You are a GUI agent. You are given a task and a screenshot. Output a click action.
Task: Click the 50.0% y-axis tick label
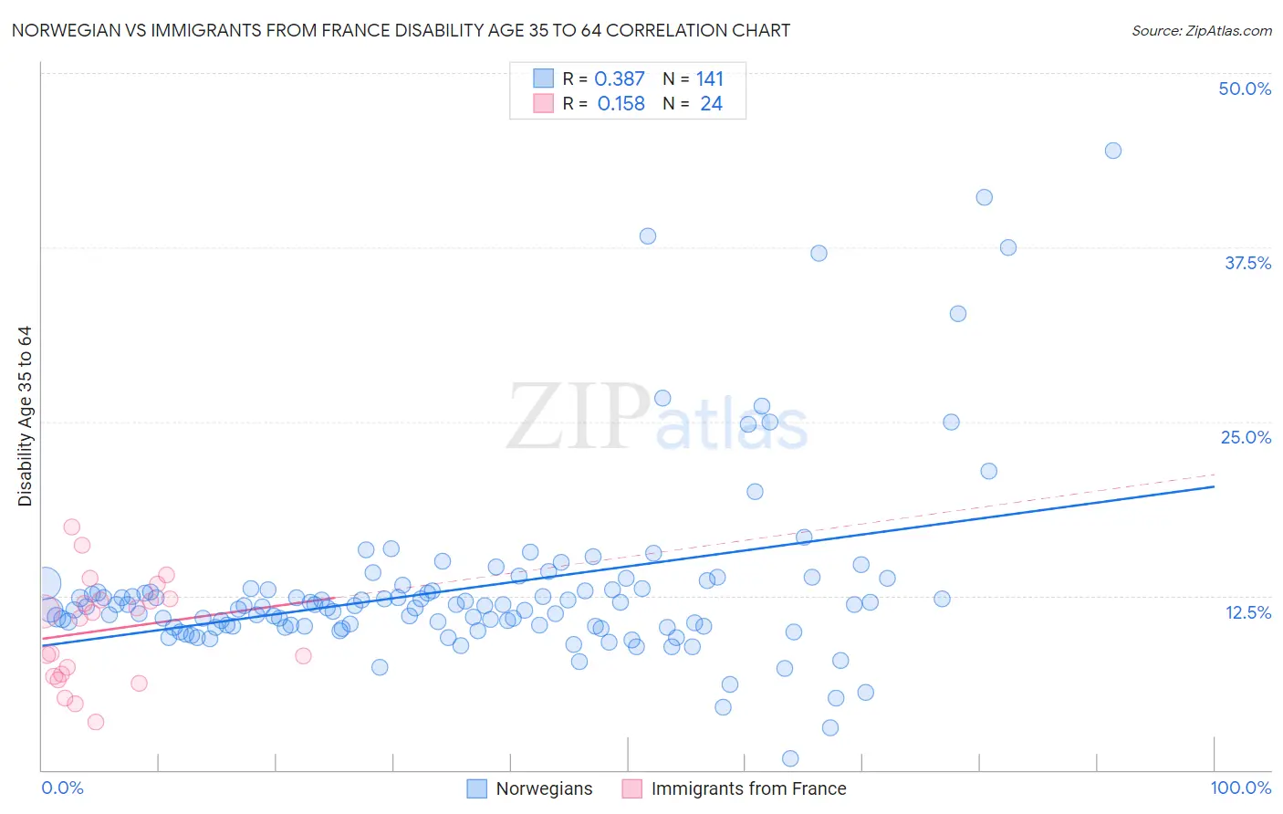tap(1245, 89)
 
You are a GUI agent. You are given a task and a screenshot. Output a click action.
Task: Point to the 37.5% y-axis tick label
tap(1247, 263)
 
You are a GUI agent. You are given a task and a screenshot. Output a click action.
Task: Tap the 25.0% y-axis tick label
tap(1246, 437)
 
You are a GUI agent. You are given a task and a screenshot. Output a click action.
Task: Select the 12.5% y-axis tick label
tap(1247, 612)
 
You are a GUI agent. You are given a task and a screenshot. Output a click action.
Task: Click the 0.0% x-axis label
tap(62, 788)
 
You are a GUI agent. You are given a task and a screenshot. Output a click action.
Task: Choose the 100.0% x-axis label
tap(1240, 788)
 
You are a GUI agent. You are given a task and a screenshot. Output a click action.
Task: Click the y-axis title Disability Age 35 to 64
tap(25, 416)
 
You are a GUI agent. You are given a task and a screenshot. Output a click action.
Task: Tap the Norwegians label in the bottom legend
tap(544, 788)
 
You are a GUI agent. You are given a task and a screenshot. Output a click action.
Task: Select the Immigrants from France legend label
tap(748, 788)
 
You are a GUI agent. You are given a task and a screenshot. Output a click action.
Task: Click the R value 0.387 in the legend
tap(620, 79)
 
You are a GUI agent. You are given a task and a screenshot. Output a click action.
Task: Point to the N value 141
tap(709, 79)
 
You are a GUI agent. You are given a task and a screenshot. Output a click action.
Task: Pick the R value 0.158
tap(621, 104)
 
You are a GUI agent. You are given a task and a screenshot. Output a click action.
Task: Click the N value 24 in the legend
tap(711, 104)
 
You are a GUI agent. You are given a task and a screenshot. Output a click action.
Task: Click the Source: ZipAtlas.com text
tap(1201, 31)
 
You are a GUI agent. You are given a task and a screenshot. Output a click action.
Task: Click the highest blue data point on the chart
tap(1112, 151)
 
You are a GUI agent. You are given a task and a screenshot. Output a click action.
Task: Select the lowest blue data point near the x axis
tap(790, 758)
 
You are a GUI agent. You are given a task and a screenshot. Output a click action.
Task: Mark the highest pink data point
tap(72, 527)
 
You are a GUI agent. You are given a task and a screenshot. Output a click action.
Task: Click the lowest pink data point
tap(96, 722)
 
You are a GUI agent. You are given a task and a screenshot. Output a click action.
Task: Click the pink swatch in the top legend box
tap(544, 104)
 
